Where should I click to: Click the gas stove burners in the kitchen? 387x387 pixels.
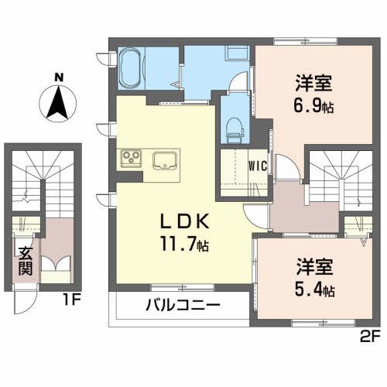[129, 159]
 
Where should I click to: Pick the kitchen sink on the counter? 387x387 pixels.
[166, 160]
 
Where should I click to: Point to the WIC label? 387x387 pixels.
[258, 165]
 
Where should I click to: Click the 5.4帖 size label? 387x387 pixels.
[314, 291]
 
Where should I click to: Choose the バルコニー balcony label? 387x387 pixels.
[183, 303]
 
